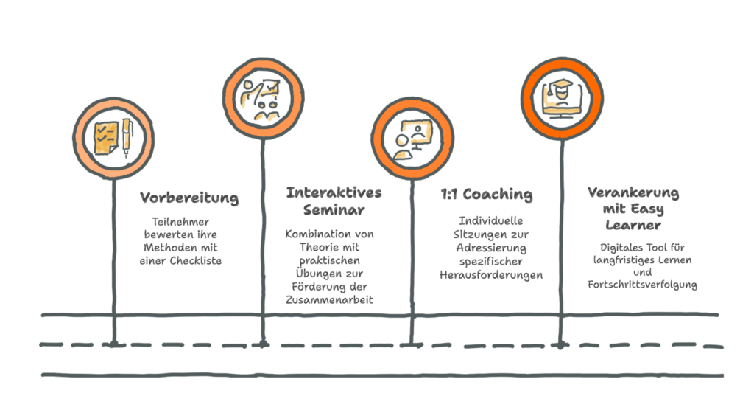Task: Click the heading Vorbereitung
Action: pyautogui.click(x=189, y=198)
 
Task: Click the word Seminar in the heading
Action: pyautogui.click(x=334, y=210)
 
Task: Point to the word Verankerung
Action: pyautogui.click(x=633, y=192)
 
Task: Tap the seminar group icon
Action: pyautogui.click(x=263, y=99)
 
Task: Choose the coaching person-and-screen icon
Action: pyautogui.click(x=411, y=139)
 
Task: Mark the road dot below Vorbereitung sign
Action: pyautogui.click(x=113, y=343)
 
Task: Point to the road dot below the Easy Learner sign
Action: pyautogui.click(x=560, y=344)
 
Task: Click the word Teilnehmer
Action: pyautogui.click(x=180, y=221)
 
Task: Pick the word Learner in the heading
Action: pyautogui.click(x=633, y=225)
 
